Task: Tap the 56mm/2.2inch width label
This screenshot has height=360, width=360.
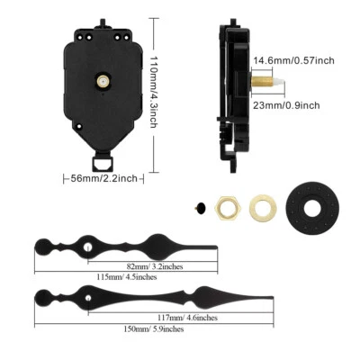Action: coord(106,178)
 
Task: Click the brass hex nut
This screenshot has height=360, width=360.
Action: coord(226,206)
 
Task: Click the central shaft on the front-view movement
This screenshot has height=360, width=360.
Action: coord(104,81)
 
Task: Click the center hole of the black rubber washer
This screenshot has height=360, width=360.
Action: coord(315,208)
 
